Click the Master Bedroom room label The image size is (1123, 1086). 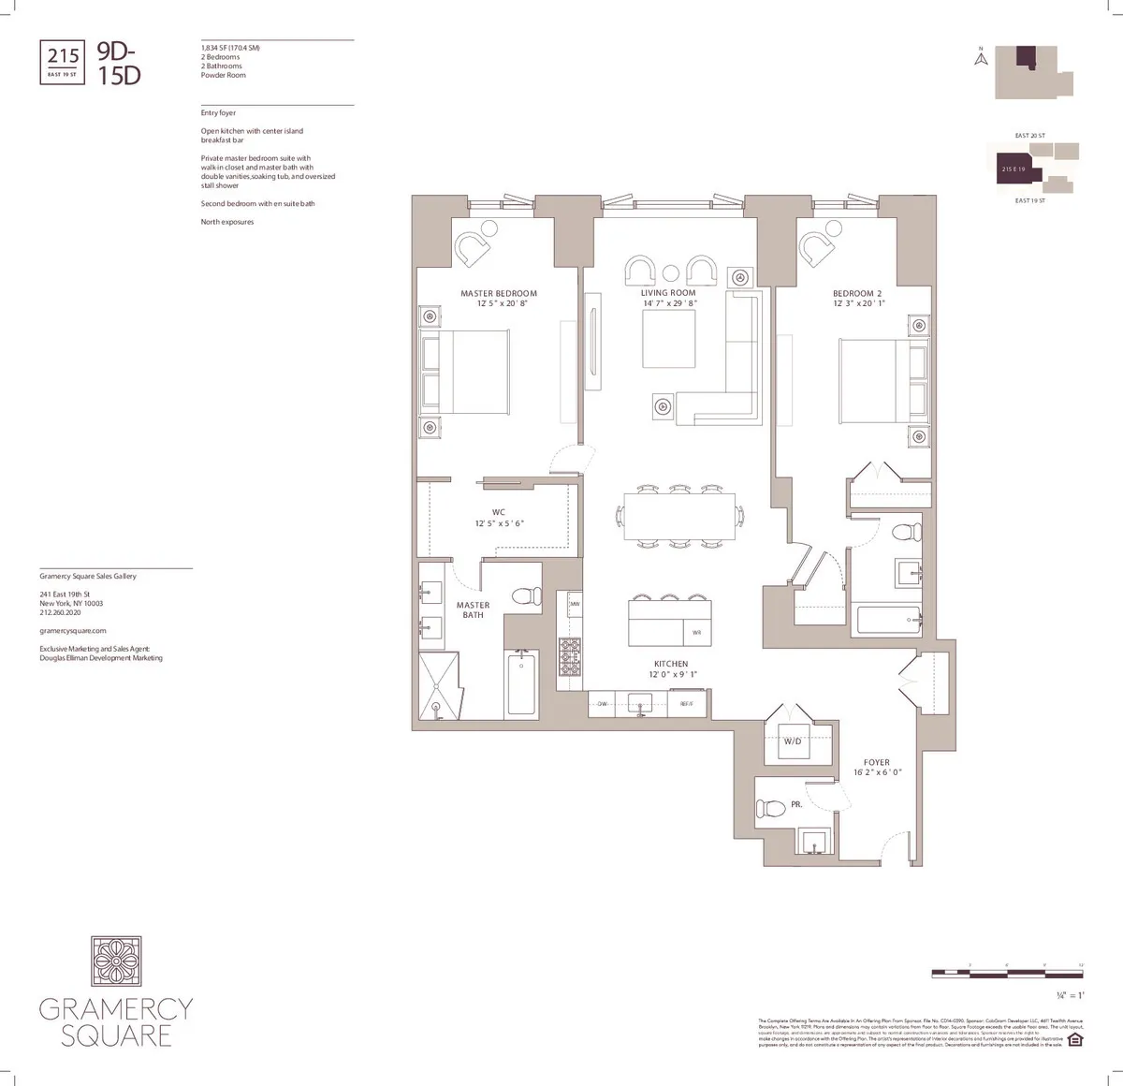[499, 293]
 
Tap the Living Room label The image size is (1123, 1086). [668, 293]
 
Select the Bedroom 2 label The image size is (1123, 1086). [857, 293]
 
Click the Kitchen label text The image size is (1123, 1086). [671, 664]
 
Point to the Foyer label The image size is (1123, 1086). [877, 762]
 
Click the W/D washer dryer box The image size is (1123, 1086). [792, 741]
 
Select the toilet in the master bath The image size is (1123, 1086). [527, 595]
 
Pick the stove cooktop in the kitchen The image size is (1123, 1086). [569, 656]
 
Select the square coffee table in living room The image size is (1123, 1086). [668, 338]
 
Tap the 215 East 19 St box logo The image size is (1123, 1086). [64, 61]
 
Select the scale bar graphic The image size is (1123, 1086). [1007, 974]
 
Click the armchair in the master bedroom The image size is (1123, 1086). [473, 249]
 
